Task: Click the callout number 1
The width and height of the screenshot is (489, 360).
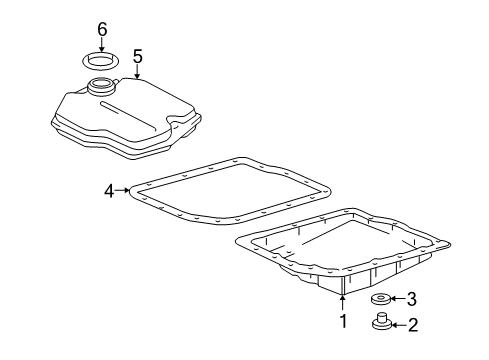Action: point(342,321)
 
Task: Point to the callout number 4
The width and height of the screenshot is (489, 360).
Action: point(108,187)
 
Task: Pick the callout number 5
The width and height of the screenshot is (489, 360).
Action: point(138,56)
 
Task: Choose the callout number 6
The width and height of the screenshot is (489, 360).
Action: point(101,27)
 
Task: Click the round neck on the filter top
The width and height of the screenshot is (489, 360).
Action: point(102,87)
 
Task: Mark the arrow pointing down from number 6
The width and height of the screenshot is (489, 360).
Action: point(101,43)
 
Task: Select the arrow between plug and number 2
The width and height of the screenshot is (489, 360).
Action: point(395,325)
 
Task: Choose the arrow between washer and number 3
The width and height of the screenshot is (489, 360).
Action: point(395,299)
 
